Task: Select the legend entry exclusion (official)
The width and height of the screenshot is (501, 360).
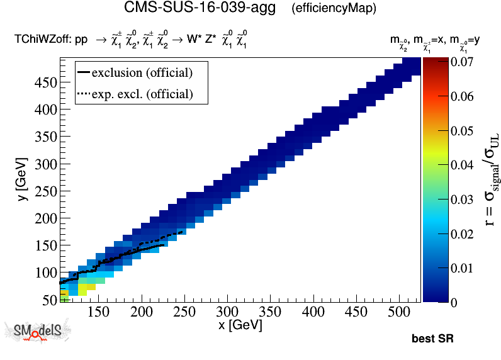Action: click(141, 72)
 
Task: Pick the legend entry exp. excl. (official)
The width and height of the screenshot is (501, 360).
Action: click(142, 94)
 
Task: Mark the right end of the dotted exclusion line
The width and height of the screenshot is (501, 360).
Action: click(182, 232)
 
